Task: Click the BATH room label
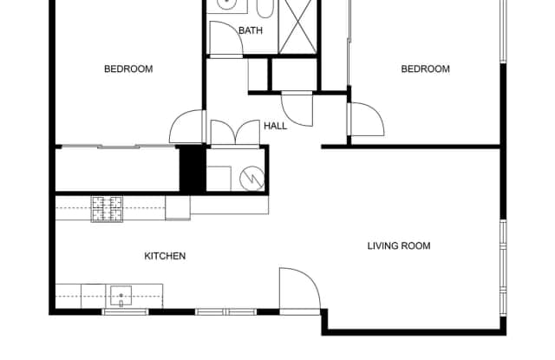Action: pos(251,30)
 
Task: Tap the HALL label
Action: pos(276,126)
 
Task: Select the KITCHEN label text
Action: pos(165,256)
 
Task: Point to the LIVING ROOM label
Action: pos(399,245)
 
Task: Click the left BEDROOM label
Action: pos(128,69)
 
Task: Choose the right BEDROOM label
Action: pos(425,69)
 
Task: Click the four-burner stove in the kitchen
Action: pos(108,208)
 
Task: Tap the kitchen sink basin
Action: pos(121,296)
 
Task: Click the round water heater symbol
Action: pos(253,176)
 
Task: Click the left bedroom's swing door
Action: pos(187,128)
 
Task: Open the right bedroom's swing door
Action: pos(365,121)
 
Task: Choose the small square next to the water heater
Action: pos(219,177)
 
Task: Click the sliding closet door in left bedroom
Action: pos(113,147)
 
